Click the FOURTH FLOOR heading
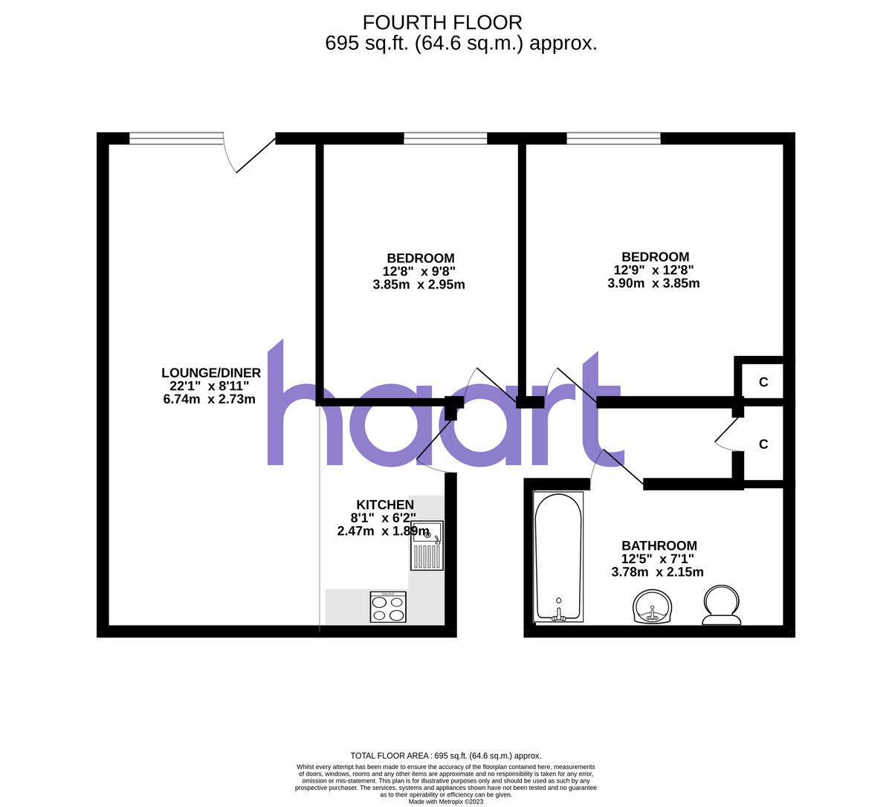point(442,22)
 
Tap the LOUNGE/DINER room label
point(211,372)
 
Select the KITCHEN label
point(384,505)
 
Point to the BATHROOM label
point(659,545)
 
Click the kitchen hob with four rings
point(388,606)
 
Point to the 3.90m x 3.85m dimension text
point(653,283)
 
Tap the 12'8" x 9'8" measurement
point(418,271)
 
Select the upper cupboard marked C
point(763,382)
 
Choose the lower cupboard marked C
point(763,444)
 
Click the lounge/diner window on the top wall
point(175,137)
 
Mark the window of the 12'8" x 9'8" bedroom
point(445,137)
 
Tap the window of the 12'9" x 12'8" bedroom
point(613,137)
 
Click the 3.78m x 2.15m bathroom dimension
point(657,572)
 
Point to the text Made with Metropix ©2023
point(446,801)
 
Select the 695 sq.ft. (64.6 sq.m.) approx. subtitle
point(461,43)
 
